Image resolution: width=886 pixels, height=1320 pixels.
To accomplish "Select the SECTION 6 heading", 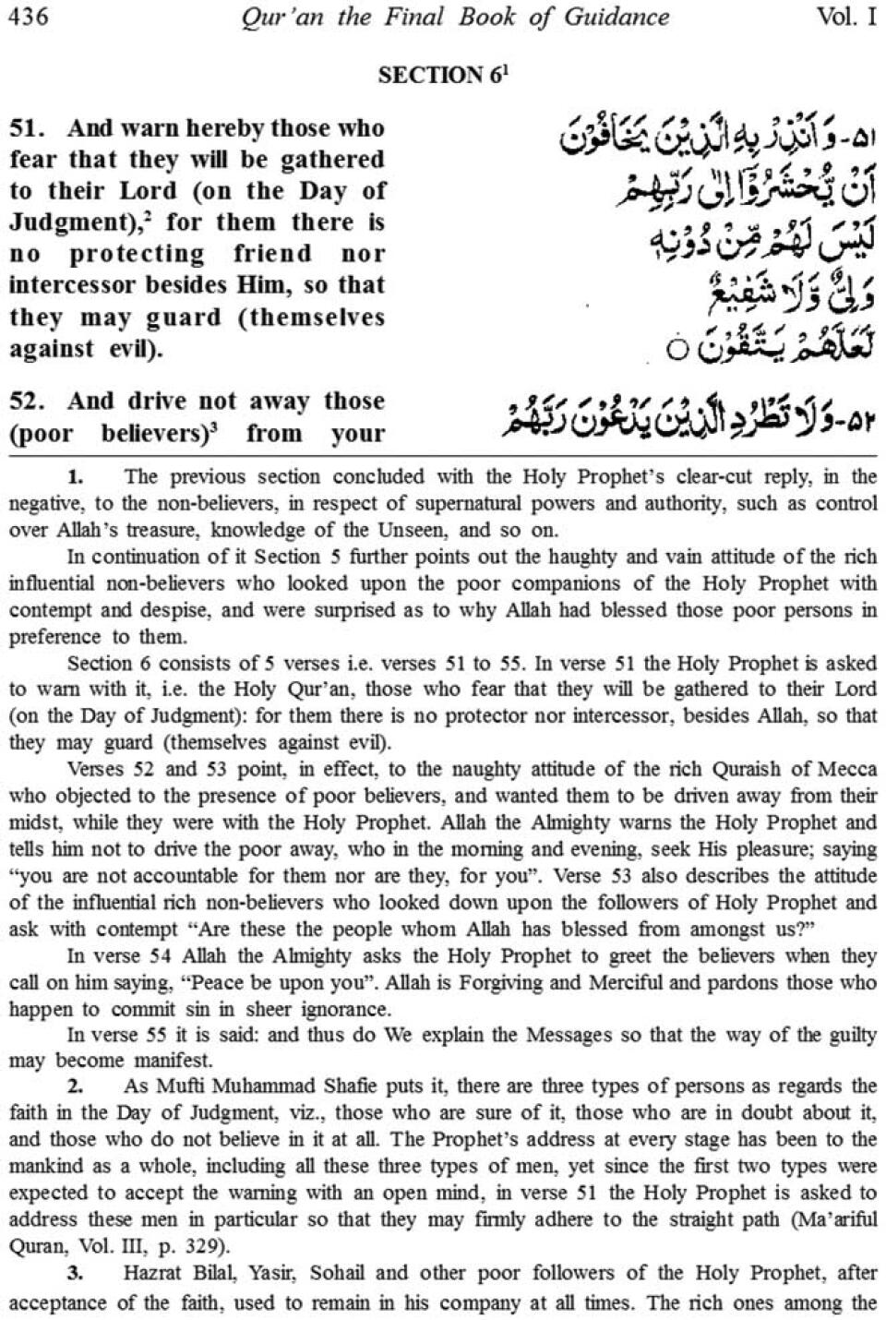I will click(x=442, y=76).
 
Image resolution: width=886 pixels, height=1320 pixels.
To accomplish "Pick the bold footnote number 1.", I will click(x=76, y=477).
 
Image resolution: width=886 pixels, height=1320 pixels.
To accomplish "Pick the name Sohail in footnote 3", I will click(x=344, y=1274).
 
